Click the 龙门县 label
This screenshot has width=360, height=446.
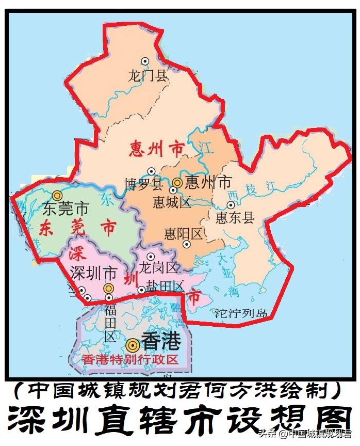point(148,76)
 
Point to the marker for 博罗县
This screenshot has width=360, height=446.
point(151,171)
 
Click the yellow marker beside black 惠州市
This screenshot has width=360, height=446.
point(177,182)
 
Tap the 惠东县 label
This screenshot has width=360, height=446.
point(235,217)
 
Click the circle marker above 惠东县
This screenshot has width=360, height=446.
point(231,205)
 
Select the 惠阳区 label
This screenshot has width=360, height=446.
point(183,234)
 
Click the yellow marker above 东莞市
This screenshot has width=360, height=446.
point(57,195)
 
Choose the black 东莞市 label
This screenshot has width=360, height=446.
point(66,209)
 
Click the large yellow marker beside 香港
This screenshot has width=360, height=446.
point(133,343)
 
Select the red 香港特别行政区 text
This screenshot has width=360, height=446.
point(130,360)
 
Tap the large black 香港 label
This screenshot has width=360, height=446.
point(161,342)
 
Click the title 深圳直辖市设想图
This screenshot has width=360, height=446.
point(179,420)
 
